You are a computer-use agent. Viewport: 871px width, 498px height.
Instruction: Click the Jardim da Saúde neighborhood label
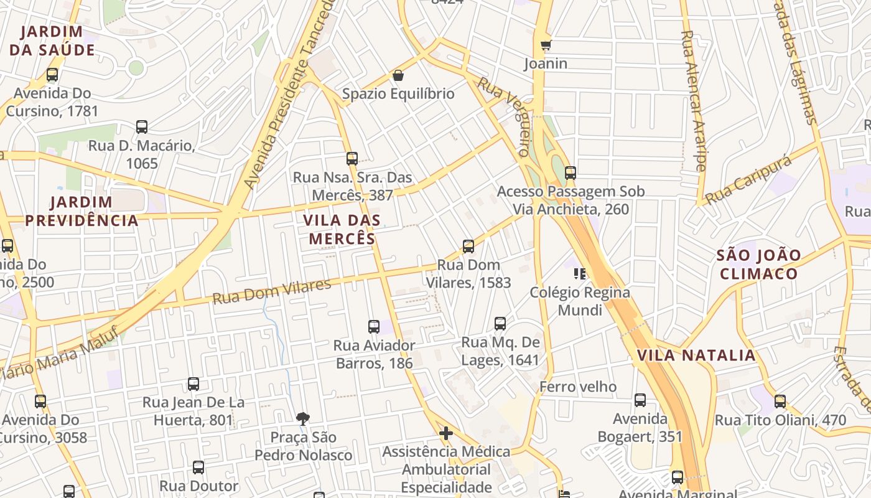pyautogui.click(x=52, y=40)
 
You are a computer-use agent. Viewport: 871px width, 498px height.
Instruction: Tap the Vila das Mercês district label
pyautogui.click(x=342, y=229)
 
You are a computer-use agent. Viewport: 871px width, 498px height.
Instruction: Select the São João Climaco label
pyautogui.click(x=758, y=265)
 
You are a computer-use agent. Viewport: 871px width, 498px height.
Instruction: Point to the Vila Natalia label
pyautogui.click(x=696, y=355)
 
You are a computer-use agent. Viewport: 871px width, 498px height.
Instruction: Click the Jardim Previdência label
pyautogui.click(x=82, y=211)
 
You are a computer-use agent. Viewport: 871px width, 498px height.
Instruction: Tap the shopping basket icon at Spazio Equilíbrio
pyautogui.click(x=398, y=76)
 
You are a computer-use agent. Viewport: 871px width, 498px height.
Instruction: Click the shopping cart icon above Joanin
pyautogui.click(x=546, y=45)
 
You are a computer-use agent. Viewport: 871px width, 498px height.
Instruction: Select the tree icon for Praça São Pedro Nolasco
pyautogui.click(x=303, y=418)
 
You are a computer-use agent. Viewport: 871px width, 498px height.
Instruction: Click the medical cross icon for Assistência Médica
pyautogui.click(x=446, y=433)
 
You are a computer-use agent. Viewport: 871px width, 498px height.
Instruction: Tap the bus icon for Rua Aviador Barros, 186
pyautogui.click(x=374, y=326)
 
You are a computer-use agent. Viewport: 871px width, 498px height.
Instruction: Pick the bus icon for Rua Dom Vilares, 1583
pyautogui.click(x=468, y=247)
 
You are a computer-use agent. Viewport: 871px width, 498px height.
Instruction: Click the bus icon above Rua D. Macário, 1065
pyautogui.click(x=142, y=127)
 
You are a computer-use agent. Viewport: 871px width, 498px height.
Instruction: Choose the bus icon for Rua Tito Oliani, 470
pyautogui.click(x=780, y=402)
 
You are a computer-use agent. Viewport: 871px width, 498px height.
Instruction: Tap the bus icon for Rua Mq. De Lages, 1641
pyautogui.click(x=500, y=324)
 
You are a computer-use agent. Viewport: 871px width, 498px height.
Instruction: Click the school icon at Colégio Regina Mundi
pyautogui.click(x=580, y=273)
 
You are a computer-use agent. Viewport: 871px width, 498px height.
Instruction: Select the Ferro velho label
pyautogui.click(x=577, y=387)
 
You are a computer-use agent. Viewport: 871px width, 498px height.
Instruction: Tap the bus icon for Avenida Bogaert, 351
pyautogui.click(x=640, y=400)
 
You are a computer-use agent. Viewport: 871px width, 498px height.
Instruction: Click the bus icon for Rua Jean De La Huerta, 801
pyautogui.click(x=193, y=384)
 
